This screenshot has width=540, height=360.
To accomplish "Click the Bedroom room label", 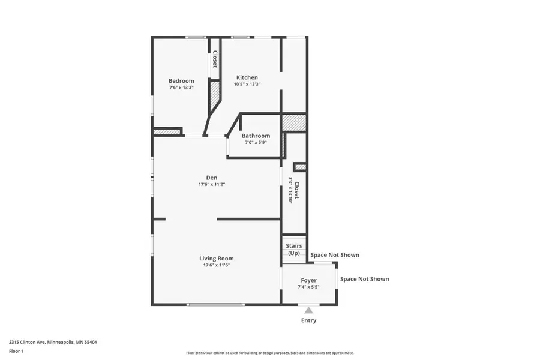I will coord(181,81).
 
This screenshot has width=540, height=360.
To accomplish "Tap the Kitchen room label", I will coord(247,77).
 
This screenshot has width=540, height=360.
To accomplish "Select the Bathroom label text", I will coord(256,136).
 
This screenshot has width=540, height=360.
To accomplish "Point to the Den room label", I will coord(212,178).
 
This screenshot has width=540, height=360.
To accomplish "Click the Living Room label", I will coord(217,259).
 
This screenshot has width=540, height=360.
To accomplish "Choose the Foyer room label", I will coord(309,280).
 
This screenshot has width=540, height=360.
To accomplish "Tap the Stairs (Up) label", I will coord(294,250).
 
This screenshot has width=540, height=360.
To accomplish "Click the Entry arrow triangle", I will coord(308,310).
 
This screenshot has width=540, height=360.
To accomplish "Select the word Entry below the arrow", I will coord(308,320).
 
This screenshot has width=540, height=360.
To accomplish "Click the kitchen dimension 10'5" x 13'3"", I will coord(247,85).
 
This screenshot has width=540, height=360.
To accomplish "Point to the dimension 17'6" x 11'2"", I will coord(212,185).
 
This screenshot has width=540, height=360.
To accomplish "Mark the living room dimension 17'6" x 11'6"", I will coord(217,265).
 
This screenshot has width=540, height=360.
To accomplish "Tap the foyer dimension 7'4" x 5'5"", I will coord(309,287).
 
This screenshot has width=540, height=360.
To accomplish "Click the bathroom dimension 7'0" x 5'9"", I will coord(256,142).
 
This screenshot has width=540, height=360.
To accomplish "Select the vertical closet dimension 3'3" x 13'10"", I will coord(290,190).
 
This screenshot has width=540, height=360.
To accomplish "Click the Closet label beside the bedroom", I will coord(214,59).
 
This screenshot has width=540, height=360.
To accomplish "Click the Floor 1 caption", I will coord(16,351).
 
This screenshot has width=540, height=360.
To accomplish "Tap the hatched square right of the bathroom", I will coord(294,122).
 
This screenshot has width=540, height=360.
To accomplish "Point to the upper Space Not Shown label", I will coord(335,255).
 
